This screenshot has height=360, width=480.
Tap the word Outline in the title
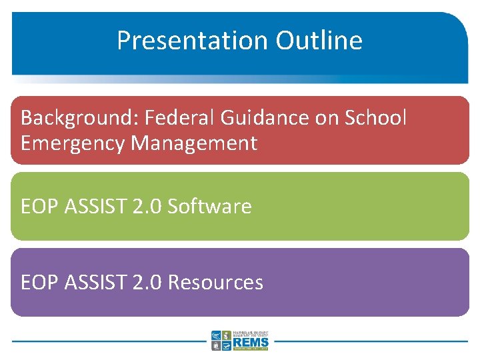coord(319,41)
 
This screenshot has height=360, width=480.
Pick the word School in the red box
coord(375,118)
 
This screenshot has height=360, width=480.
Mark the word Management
coord(194,143)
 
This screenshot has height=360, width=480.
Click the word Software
coord(209,207)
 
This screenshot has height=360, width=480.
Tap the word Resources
coord(215,283)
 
